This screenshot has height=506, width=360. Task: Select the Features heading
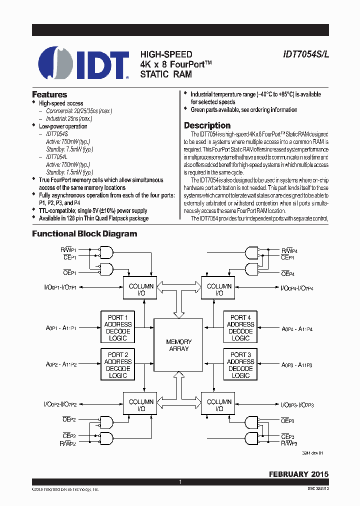pyautogui.click(x=49, y=94)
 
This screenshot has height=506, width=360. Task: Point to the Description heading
pyautogui.click(x=207, y=125)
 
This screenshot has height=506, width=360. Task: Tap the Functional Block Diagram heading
pyautogui.click(x=84, y=233)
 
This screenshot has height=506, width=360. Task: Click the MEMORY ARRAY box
pyautogui.click(x=178, y=345)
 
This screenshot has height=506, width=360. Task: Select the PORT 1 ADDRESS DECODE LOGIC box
pyautogui.click(x=118, y=327)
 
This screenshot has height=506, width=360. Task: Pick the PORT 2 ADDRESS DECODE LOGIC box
pyautogui.click(x=118, y=365)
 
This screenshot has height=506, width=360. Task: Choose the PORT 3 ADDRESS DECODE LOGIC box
pyautogui.click(x=240, y=365)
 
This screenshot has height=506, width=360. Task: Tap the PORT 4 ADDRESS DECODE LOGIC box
pyautogui.click(x=240, y=327)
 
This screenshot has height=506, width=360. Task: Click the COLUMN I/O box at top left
pyautogui.click(x=141, y=289)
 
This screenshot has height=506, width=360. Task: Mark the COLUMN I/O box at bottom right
pyautogui.click(x=219, y=405)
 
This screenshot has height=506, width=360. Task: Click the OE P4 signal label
pyautogui.click(x=287, y=274)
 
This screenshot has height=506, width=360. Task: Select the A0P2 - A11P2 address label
pyautogui.click(x=61, y=365)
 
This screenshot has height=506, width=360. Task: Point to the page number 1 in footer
pyautogui.click(x=180, y=482)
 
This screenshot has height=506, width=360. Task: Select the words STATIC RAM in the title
pyautogui.click(x=165, y=74)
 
